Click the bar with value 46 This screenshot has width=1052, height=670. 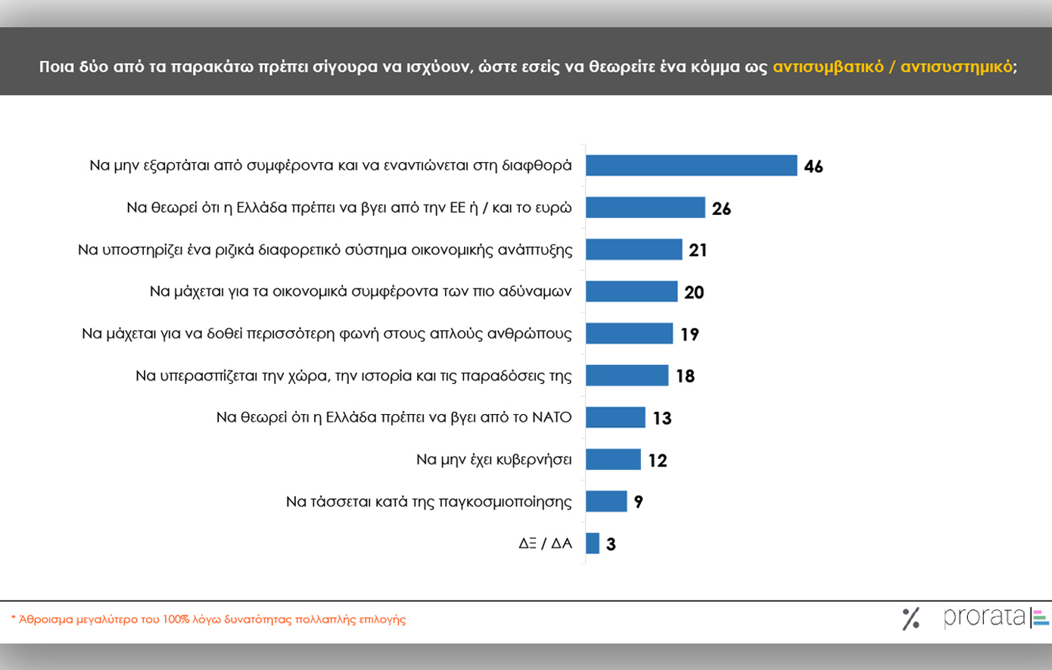point(691,165)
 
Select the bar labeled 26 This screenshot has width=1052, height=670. point(646,207)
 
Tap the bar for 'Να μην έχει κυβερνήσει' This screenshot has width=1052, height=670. point(613,460)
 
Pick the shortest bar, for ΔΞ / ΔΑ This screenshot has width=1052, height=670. point(593,544)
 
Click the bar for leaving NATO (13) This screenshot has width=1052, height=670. point(615,417)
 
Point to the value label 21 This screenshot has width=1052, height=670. point(698,250)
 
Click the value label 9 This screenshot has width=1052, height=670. point(639,502)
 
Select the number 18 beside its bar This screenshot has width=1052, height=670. point(685,376)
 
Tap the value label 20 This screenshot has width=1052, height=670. point(694,292)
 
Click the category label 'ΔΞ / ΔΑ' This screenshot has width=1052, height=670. point(545,544)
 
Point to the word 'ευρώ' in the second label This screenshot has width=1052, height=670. point(555,207)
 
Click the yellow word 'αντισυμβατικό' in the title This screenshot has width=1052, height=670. point(828,67)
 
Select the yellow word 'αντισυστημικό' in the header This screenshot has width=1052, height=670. point(956,67)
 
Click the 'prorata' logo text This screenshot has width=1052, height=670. point(984,617)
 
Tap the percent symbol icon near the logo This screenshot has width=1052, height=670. point(911,619)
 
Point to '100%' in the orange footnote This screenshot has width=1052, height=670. point(176,619)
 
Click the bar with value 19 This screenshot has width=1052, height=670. point(629,334)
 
